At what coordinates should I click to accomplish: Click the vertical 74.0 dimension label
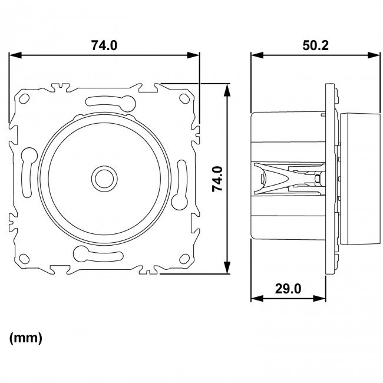(x=217, y=179)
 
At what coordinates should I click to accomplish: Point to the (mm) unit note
(x=26, y=339)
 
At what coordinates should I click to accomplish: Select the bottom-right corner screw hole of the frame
(x=183, y=257)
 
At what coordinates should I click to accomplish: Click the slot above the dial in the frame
(x=104, y=101)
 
